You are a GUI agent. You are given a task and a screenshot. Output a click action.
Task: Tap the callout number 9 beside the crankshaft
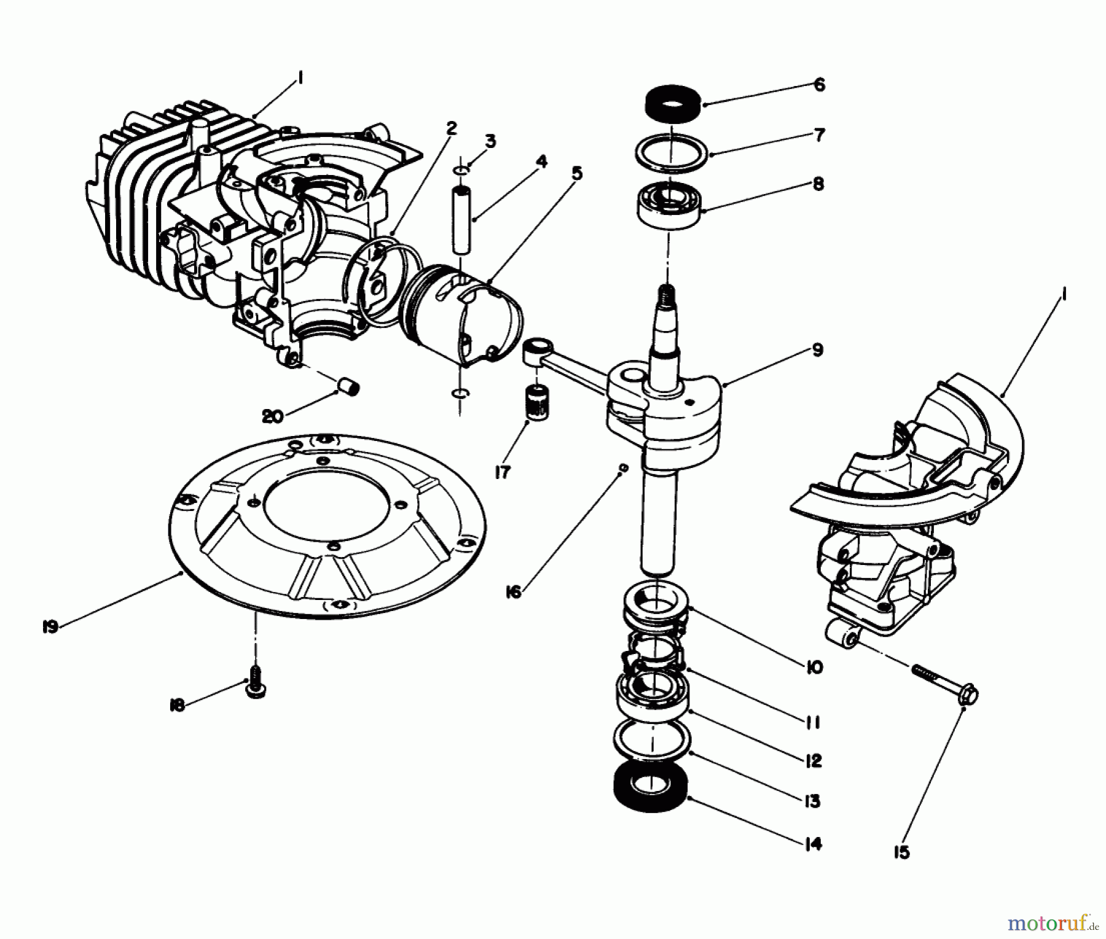click(817, 351)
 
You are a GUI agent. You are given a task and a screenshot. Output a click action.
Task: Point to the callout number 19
click(50, 627)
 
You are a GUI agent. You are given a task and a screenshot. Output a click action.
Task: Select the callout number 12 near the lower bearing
click(812, 761)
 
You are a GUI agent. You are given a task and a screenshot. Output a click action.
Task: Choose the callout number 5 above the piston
click(576, 173)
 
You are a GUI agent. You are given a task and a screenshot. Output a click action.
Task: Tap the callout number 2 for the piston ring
click(452, 128)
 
